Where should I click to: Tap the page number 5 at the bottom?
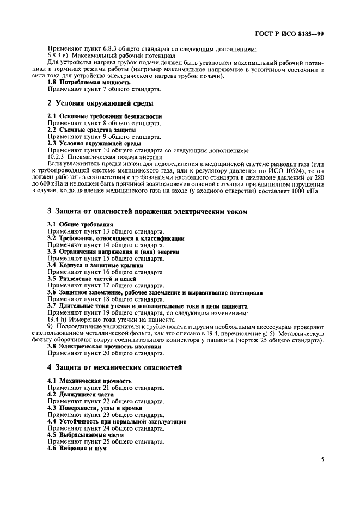point(322,459)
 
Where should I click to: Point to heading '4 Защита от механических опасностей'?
point(114,367)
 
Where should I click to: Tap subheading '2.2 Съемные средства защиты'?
point(89,130)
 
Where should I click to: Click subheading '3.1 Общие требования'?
point(80,224)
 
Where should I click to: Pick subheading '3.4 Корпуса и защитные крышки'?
point(95,265)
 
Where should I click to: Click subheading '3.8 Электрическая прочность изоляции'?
point(104,347)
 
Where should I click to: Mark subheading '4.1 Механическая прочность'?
point(89,381)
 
